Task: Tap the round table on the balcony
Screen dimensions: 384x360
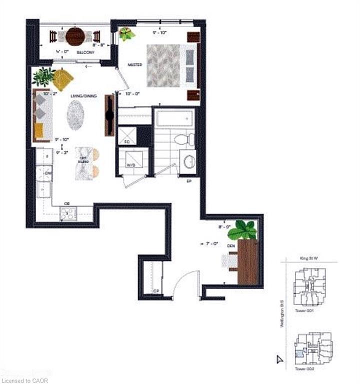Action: pyautogui.click(x=75, y=36)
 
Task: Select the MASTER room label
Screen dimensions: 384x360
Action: pyautogui.click(x=135, y=65)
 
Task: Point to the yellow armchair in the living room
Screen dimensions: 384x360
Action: pyautogui.click(x=62, y=78)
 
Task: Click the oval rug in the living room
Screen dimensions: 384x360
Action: pyautogui.click(x=76, y=114)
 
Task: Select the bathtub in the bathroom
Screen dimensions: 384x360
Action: pyautogui.click(x=174, y=118)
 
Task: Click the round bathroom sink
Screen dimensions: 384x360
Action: pyautogui.click(x=189, y=161)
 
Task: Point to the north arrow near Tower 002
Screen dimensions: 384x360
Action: pyautogui.click(x=279, y=358)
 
